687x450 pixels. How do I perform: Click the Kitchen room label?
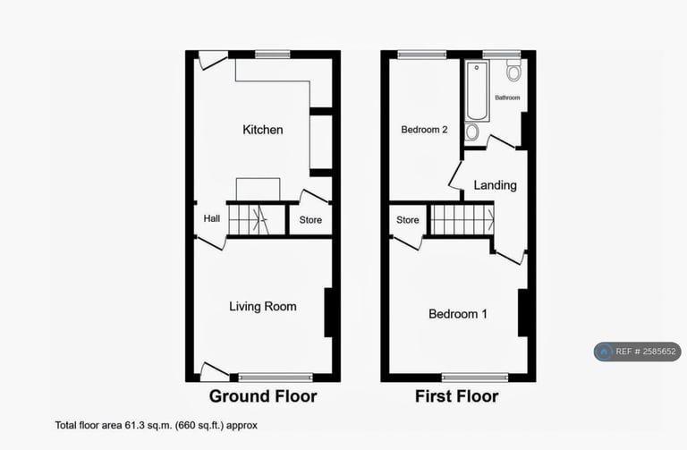[x=263, y=130]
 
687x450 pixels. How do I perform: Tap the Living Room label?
[x=262, y=307]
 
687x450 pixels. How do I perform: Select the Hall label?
[x=212, y=218]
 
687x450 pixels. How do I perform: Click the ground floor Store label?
[x=310, y=220]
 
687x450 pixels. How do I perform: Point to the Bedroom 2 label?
[x=424, y=130]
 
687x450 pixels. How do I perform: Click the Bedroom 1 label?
[x=458, y=314]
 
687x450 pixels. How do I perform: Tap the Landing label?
[x=495, y=185]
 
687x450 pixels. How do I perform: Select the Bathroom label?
[x=508, y=98]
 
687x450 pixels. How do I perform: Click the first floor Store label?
[x=408, y=220]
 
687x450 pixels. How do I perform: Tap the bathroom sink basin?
[x=472, y=132]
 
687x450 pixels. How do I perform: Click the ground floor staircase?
[x=257, y=218]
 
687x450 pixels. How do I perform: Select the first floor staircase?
[x=462, y=218]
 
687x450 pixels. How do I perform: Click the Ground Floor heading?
[x=262, y=395]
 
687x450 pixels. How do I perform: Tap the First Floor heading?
[x=457, y=395]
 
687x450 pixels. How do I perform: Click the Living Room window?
[x=276, y=376]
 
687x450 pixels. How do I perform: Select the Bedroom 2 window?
[x=422, y=55]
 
